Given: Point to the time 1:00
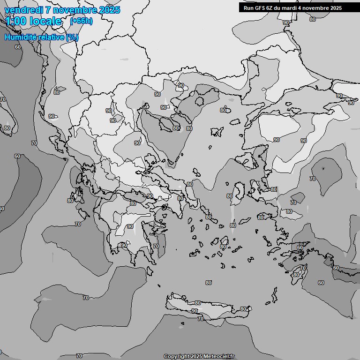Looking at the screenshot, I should [x=15, y=21].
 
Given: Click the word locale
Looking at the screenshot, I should [x=45, y=21].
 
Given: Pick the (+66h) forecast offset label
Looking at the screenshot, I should [x=81, y=21].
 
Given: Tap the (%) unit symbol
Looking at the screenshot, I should [x=72, y=37].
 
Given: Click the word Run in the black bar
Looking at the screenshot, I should [x=248, y=8].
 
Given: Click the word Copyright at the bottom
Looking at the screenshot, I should [x=176, y=357].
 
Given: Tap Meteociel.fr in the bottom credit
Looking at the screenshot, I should [x=219, y=357].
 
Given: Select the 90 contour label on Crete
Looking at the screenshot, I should [x=195, y=311].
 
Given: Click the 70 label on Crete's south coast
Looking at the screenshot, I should [x=201, y=319].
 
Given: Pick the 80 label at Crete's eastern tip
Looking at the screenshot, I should [x=243, y=309].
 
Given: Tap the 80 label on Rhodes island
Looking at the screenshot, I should [x=296, y=275].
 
